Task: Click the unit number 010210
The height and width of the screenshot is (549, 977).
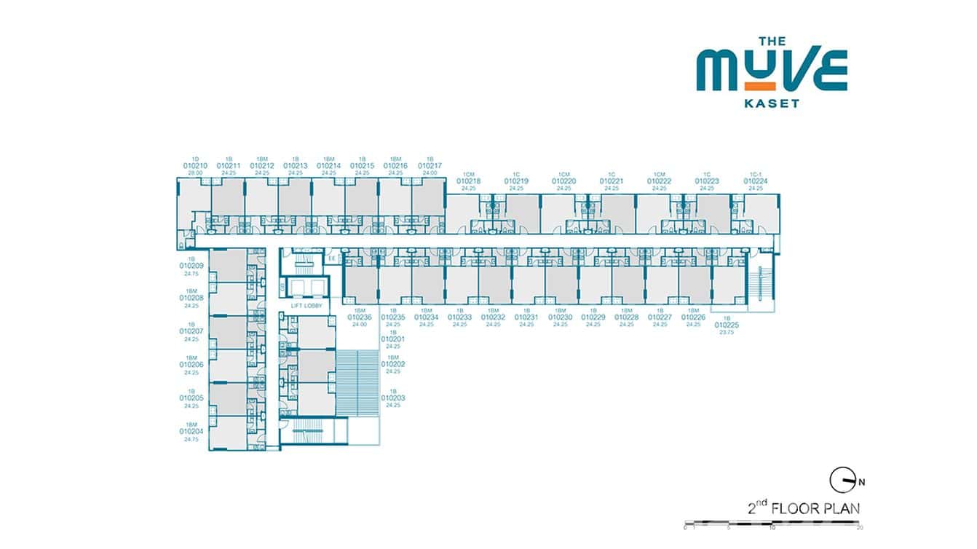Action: point(195,166)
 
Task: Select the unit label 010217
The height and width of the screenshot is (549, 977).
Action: point(430,166)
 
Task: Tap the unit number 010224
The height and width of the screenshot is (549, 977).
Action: point(756,181)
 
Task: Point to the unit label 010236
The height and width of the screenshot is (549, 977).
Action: point(360,317)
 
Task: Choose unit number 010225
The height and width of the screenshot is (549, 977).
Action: point(727,325)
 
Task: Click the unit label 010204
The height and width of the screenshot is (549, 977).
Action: point(191,432)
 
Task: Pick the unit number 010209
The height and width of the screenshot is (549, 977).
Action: point(191,266)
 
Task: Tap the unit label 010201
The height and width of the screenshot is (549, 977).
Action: point(393,339)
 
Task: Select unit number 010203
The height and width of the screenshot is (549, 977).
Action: point(393,398)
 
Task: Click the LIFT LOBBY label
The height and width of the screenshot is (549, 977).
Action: point(306,307)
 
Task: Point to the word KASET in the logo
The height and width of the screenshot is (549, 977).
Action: point(772,103)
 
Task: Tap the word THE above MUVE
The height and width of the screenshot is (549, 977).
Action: point(772,42)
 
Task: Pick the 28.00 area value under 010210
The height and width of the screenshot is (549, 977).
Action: point(195,173)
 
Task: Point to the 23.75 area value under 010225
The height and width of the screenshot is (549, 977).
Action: point(727,332)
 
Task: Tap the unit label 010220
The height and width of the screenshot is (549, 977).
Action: point(563,181)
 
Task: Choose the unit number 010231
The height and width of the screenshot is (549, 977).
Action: point(526,317)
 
